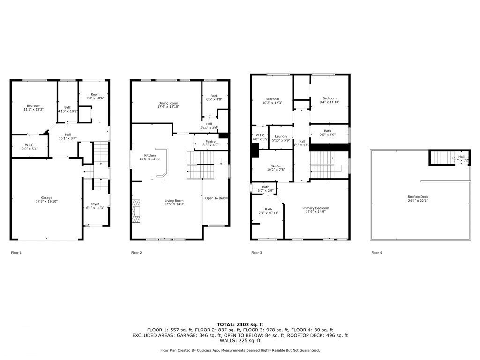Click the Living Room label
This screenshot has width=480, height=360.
pos(173,202)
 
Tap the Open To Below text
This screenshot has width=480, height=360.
pos(217,198)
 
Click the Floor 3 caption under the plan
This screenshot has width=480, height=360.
pos(256,253)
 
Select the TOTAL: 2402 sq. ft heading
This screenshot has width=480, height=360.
pos(240,324)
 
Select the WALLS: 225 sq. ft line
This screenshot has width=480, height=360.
pos(240,341)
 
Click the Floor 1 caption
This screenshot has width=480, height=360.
pos(16,253)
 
